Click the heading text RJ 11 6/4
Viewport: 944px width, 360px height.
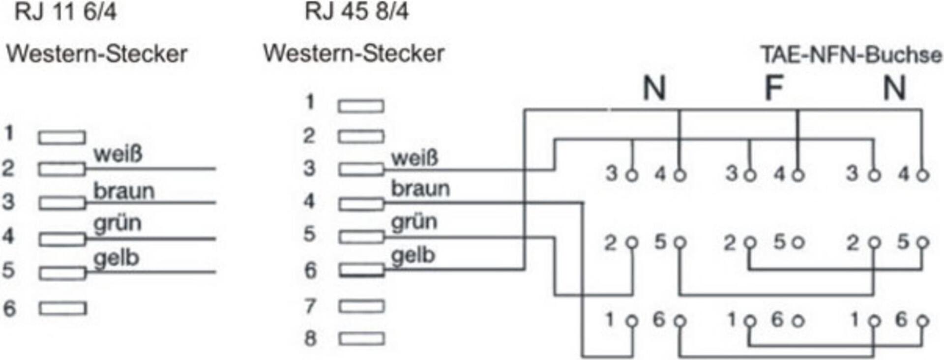[65, 11]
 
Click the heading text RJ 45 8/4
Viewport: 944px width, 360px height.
[356, 11]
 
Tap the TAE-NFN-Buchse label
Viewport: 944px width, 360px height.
[851, 55]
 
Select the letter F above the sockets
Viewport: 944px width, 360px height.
[773, 89]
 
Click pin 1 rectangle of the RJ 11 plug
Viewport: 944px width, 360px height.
[62, 137]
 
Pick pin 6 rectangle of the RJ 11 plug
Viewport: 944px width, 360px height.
[63, 308]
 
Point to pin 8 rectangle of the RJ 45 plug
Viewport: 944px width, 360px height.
[361, 338]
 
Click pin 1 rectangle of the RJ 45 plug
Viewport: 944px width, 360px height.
[361, 106]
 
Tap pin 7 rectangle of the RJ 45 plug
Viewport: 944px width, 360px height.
[361, 306]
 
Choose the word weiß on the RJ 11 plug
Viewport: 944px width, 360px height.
[118, 154]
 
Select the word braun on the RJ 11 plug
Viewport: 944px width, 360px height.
[124, 191]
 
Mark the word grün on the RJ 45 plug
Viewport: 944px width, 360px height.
[414, 221]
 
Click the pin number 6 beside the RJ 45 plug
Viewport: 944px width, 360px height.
[310, 270]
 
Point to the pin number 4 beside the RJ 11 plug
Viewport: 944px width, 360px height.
[8, 236]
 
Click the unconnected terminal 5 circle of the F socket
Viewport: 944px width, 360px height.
[798, 242]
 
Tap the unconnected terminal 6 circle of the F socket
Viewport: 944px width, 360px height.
[798, 321]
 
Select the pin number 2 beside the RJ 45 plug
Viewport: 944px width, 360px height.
[309, 136]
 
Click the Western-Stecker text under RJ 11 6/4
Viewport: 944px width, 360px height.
[96, 54]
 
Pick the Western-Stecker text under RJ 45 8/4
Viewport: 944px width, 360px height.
[354, 53]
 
